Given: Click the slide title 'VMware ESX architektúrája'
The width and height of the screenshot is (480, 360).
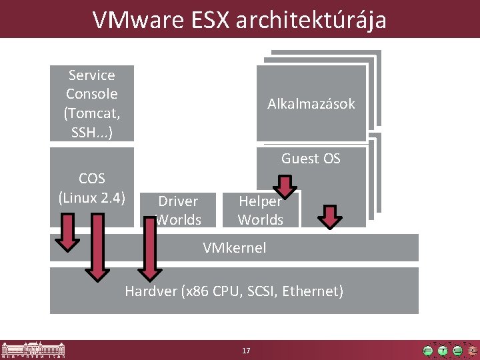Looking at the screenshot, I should (x=239, y=19).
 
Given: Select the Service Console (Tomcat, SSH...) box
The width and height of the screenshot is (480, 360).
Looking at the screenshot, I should (x=92, y=103).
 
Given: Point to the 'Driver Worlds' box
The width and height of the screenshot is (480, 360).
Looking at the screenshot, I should (x=178, y=210).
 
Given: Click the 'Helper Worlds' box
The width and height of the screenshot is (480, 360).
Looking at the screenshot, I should (x=261, y=210).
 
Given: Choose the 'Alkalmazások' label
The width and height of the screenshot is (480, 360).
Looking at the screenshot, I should (x=311, y=103).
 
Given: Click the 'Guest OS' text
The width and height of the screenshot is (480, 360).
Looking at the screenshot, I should (x=311, y=159).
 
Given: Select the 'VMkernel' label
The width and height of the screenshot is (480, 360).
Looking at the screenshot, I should (x=234, y=248).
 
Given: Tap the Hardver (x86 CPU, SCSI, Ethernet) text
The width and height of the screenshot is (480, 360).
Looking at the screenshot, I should (x=234, y=291).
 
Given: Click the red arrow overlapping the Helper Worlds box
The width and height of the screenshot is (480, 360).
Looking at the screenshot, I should (x=285, y=187).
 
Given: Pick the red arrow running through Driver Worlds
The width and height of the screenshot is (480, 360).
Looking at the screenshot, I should (x=149, y=247).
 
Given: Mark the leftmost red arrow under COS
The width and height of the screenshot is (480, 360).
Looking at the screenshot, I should (x=67, y=232).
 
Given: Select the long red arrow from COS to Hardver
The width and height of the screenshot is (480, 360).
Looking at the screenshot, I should (x=98, y=247).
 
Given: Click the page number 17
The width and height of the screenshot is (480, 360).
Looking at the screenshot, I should (x=246, y=351).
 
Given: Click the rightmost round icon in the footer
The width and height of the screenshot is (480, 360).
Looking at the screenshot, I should (x=473, y=350).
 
